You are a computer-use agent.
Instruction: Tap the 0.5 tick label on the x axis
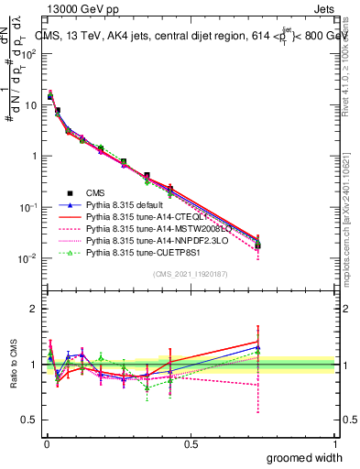tap(190, 444)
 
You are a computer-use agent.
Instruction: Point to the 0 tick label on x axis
tap(46, 444)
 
